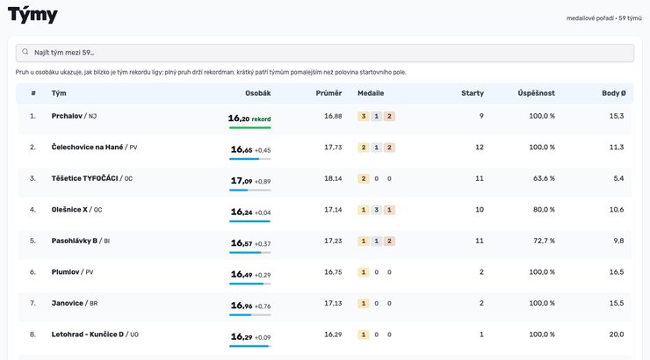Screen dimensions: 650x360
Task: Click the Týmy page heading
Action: (32, 16)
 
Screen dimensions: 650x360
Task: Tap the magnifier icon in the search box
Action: (25, 52)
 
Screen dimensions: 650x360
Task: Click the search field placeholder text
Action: (64, 53)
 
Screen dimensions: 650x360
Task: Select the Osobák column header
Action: (258, 93)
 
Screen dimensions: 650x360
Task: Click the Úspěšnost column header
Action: (536, 93)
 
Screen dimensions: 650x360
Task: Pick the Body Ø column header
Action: (613, 93)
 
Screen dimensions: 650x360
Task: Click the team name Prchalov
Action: (67, 116)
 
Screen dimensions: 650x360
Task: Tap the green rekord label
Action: (261, 119)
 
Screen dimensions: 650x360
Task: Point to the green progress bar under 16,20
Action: (250, 127)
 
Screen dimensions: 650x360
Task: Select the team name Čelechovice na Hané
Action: (87, 147)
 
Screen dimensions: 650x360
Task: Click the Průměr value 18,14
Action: (333, 178)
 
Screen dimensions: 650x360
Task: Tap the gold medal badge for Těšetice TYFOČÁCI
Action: (364, 178)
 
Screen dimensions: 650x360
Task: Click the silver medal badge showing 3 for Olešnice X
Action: (377, 210)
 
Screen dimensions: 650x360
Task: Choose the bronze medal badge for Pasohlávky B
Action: (389, 241)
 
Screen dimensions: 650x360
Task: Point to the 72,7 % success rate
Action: (544, 241)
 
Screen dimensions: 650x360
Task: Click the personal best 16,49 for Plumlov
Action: (242, 274)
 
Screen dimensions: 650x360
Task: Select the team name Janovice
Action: (67, 303)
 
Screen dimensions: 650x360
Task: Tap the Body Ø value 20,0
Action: (617, 335)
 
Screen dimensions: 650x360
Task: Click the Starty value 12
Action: (480, 147)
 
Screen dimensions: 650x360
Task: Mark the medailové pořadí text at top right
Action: (590, 18)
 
